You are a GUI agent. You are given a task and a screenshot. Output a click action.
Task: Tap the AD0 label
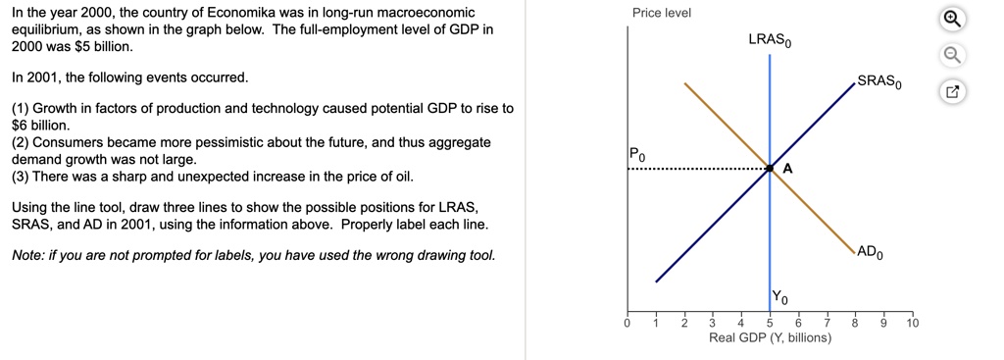pos(874,251)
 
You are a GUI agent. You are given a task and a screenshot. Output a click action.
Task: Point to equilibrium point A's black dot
pos(770,168)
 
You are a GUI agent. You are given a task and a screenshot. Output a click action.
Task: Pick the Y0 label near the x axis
pos(779,296)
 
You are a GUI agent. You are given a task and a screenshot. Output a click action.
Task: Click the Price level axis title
pos(662,13)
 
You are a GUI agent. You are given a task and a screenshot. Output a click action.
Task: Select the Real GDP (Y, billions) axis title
pos(770,337)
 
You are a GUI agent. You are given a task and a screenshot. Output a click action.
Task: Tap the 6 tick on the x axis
pos(798,323)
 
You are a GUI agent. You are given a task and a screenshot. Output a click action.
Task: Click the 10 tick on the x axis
pos(913,323)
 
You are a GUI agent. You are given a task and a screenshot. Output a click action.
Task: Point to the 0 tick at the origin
pos(627,323)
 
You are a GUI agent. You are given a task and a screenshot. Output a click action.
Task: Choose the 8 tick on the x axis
pos(855,323)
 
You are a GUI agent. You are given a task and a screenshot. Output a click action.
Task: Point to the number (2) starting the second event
pos(21,142)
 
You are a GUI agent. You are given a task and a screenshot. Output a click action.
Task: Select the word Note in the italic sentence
pos(28,256)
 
